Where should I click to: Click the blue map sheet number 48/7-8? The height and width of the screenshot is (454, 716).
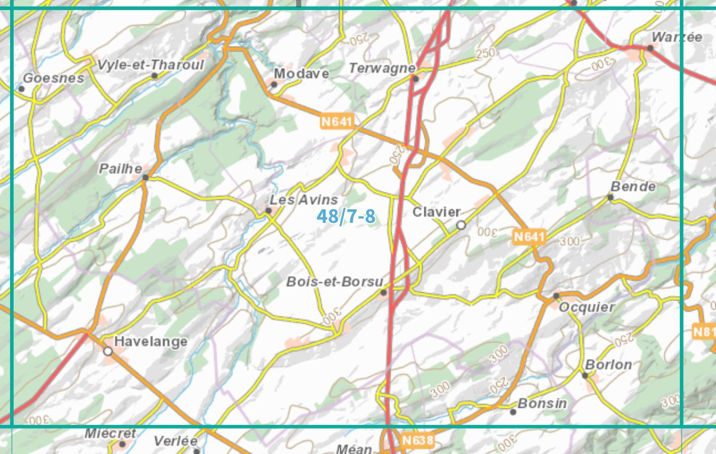346,216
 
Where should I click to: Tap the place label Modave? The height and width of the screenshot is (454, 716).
301,73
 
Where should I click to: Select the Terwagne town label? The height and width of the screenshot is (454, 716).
382,68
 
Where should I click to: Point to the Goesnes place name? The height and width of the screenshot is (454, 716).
53,78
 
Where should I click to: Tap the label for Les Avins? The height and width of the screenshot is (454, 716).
303,200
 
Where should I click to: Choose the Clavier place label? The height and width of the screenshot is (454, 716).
436,212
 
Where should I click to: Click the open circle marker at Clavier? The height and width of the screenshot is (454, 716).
461,225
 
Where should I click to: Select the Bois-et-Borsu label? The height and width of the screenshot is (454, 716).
335,282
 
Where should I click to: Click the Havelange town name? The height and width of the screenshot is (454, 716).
151,341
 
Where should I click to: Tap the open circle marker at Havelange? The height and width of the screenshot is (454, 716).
108,351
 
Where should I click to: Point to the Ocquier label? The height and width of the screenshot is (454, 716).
587,307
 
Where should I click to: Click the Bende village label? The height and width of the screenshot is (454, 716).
633,187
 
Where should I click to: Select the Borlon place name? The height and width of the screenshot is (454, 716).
609,365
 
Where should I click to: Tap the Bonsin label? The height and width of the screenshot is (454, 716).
542,404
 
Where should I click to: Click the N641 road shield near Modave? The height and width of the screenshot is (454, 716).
337,122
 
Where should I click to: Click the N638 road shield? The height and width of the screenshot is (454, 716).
418,440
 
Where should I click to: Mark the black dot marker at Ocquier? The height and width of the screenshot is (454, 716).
556,296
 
